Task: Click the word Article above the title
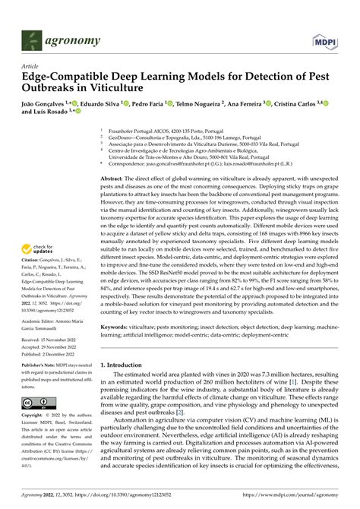click(30, 66)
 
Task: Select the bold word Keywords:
click(115, 327)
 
